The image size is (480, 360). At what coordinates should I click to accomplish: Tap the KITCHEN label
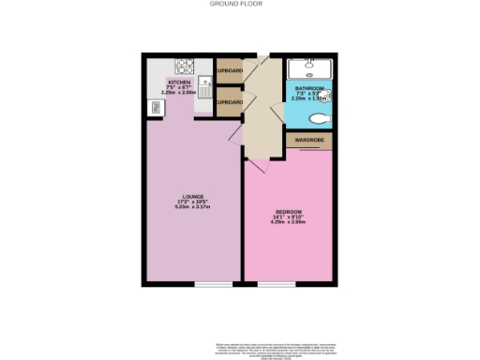[x=179, y=82]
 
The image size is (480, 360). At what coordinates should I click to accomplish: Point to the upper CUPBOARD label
[x=229, y=71]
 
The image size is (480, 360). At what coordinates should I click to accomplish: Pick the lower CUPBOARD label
[x=229, y=102]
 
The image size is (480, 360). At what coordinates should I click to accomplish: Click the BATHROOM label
[x=309, y=87]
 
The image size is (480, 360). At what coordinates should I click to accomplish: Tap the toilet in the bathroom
[x=320, y=119]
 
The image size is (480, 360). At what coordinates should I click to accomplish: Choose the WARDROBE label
[x=309, y=141]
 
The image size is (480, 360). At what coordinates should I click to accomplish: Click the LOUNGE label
[x=192, y=196]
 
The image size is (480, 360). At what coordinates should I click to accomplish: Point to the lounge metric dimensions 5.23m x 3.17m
[x=192, y=207]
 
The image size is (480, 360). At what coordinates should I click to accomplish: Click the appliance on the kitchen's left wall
[x=154, y=108]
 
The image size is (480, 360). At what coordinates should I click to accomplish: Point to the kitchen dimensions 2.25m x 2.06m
[x=179, y=93]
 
